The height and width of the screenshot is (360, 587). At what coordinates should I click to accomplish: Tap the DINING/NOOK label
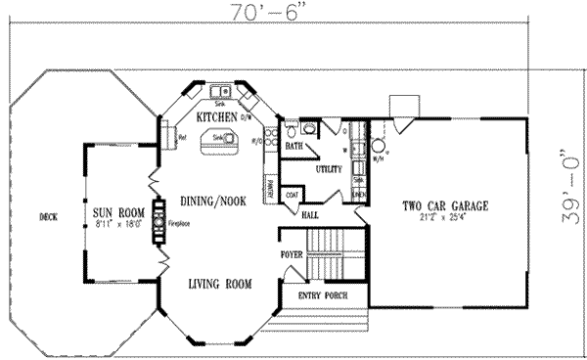pos(212,201)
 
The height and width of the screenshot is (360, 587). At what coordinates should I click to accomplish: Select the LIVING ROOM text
pos(219,285)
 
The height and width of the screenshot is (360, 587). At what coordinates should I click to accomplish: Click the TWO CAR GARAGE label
pos(445,205)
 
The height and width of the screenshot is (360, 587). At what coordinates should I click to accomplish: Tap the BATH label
pos(294,147)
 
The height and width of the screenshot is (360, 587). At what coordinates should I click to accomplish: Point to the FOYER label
pos(292,254)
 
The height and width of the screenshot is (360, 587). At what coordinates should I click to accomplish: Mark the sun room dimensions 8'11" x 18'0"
pos(113,224)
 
